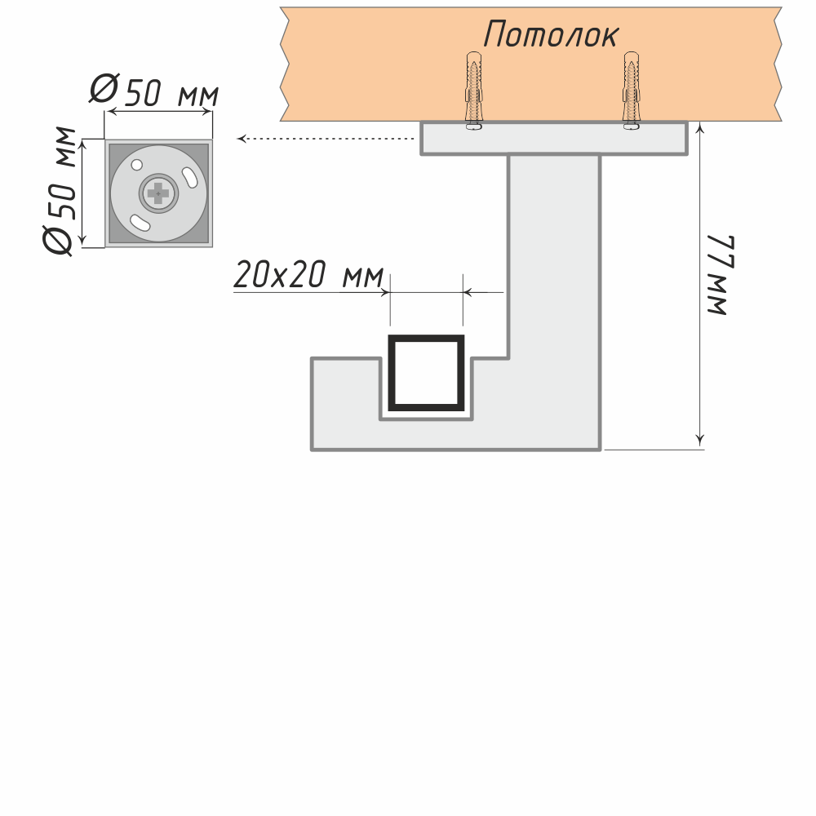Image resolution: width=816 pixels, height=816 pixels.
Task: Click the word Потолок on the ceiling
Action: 551,34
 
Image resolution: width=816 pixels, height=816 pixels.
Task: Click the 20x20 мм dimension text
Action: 308,276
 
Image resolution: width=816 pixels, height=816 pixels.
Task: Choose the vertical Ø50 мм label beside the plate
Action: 61,191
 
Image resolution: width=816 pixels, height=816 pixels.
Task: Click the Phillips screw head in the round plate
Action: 157,193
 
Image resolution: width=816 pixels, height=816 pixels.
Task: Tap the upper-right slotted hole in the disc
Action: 189,176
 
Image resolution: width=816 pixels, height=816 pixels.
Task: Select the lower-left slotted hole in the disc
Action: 140,221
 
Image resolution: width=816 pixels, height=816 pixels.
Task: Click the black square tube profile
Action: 427,372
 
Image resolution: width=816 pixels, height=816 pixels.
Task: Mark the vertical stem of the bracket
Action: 555,253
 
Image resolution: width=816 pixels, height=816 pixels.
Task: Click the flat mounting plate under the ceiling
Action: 554,139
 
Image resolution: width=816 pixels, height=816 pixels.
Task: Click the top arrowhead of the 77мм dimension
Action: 700,128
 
